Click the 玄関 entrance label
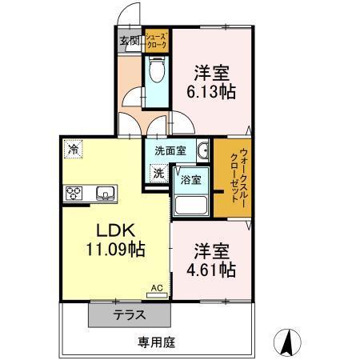[130, 40]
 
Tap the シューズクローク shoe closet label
[155, 42]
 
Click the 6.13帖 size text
[211, 90]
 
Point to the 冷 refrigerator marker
[74, 149]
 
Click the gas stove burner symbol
[75, 192]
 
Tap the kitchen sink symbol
[106, 192]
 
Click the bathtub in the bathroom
[191, 205]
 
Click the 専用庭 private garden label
[155, 342]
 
